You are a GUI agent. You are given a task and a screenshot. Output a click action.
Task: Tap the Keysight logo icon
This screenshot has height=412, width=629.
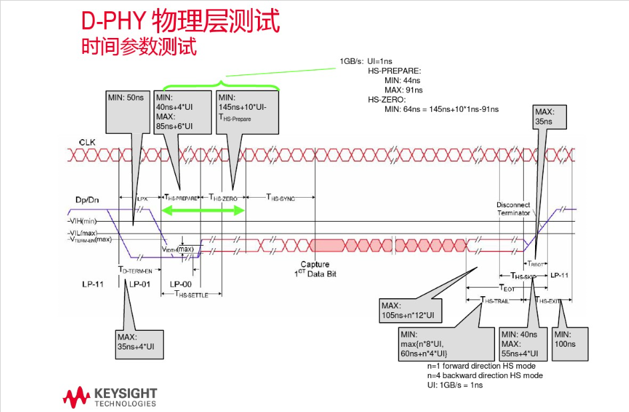click(76, 396)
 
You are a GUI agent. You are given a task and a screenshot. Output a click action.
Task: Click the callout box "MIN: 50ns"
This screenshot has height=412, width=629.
click(126, 98)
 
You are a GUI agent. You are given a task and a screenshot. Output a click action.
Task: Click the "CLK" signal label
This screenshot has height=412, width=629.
click(87, 142)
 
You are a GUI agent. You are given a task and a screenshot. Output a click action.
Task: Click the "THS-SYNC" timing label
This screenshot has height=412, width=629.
click(281, 198)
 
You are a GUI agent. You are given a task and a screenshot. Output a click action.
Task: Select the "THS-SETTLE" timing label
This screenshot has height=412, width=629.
click(191, 294)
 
